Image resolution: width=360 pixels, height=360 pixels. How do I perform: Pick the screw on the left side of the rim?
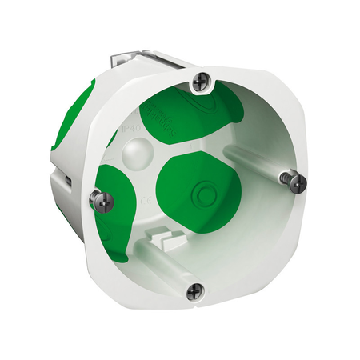tap(99, 197)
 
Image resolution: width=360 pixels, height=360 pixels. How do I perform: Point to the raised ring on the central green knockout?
tap(197, 193)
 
